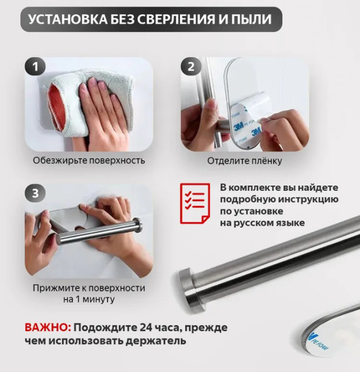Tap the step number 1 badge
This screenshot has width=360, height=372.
click(35, 66)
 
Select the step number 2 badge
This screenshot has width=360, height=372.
click(191, 67)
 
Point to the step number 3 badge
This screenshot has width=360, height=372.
click(35, 193)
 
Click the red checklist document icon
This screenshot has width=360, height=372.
click(195, 203)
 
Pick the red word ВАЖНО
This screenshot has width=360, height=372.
click(48, 327)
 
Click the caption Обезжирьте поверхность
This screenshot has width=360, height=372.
click(89, 161)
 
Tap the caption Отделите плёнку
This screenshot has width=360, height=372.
click(245, 161)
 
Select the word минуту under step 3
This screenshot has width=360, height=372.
click(99, 299)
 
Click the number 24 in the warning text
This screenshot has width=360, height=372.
click(147, 327)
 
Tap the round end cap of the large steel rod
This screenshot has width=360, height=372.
click(189, 288)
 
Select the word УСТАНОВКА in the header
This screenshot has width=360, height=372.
click(68, 19)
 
